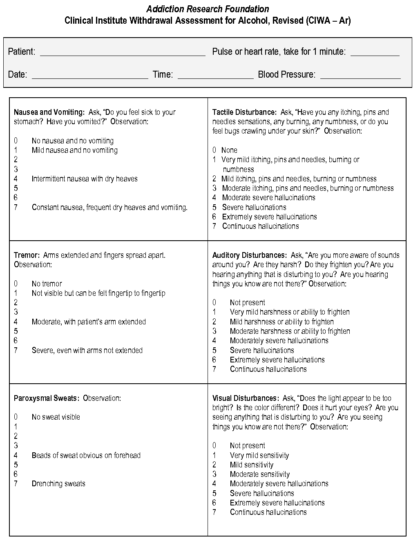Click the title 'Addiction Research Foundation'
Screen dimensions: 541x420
tap(208, 9)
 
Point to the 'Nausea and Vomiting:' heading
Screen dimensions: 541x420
tap(49, 112)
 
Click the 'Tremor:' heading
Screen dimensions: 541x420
tap(27, 255)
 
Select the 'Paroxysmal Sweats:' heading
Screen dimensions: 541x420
tap(47, 398)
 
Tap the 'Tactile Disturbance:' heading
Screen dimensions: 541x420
tap(244, 112)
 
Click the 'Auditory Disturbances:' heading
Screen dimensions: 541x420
tap(249, 255)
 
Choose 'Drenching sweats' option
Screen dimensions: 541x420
tap(58, 484)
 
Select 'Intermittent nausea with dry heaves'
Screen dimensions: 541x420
tap(85, 179)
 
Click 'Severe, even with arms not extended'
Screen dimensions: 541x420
tap(87, 351)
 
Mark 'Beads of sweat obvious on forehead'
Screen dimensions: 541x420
tap(86, 456)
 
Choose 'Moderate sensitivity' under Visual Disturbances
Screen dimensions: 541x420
tap(259, 474)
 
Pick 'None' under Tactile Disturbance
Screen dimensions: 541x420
tap(229, 150)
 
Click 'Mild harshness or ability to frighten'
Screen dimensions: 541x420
tap(281, 322)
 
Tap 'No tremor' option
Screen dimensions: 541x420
tap(47, 284)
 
